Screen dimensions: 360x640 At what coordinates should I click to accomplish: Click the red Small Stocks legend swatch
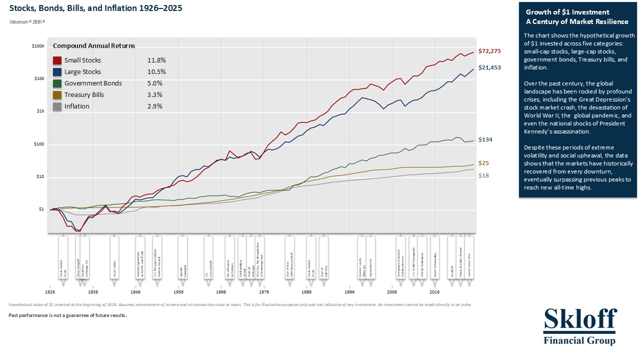[57, 60]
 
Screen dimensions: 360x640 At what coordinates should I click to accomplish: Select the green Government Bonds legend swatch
[57, 83]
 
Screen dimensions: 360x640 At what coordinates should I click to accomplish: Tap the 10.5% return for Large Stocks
[156, 72]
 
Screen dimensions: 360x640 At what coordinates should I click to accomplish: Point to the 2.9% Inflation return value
[155, 106]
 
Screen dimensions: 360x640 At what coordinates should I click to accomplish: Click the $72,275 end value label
[489, 51]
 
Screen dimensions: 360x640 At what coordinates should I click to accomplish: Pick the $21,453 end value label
[489, 67]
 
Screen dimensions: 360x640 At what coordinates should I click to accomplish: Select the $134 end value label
[485, 139]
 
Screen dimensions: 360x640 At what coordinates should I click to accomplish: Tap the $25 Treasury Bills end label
[484, 163]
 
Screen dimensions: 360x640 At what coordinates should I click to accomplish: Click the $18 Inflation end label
[484, 175]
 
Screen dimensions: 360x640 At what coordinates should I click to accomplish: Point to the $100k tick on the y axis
[38, 46]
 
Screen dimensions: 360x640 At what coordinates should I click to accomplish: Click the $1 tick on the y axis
[41, 209]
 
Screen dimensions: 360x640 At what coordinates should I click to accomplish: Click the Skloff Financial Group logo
[580, 326]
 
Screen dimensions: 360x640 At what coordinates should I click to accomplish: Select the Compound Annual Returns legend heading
[94, 46]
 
